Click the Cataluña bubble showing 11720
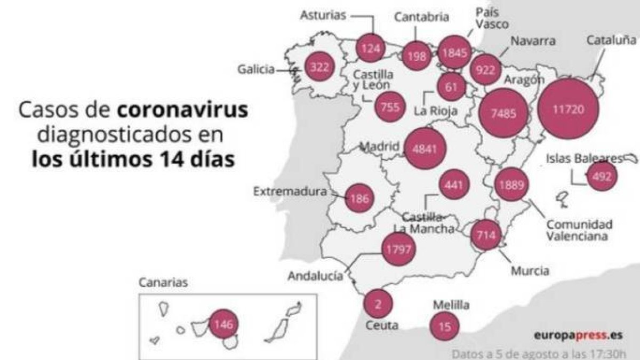(x=569, y=109)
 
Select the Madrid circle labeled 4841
(x=425, y=149)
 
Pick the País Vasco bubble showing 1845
(x=455, y=52)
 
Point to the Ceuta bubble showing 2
(x=378, y=305)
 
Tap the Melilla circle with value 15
(x=444, y=326)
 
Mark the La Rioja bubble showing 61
(x=451, y=86)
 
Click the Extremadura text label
(x=289, y=190)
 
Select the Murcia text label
(x=530, y=270)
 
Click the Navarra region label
(x=533, y=41)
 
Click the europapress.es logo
(x=578, y=335)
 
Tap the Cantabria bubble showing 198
(x=417, y=55)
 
